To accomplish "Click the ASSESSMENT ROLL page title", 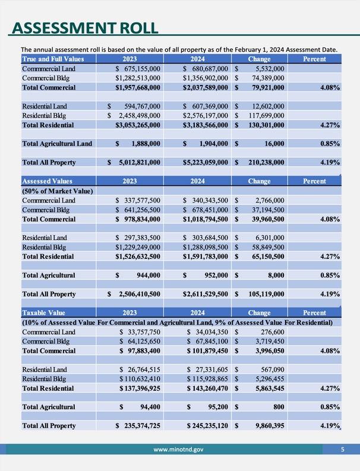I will coord(86,28).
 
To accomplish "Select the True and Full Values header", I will coord(53,59).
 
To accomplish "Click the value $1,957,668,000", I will coord(138,87).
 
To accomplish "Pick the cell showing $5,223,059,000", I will coord(206,162).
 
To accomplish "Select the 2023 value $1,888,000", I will coord(138,143).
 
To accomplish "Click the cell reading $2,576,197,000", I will coord(206,115).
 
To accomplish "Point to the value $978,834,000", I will coord(138,219).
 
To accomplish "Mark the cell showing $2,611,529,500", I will coord(206,294).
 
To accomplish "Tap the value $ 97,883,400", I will coord(138,351).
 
